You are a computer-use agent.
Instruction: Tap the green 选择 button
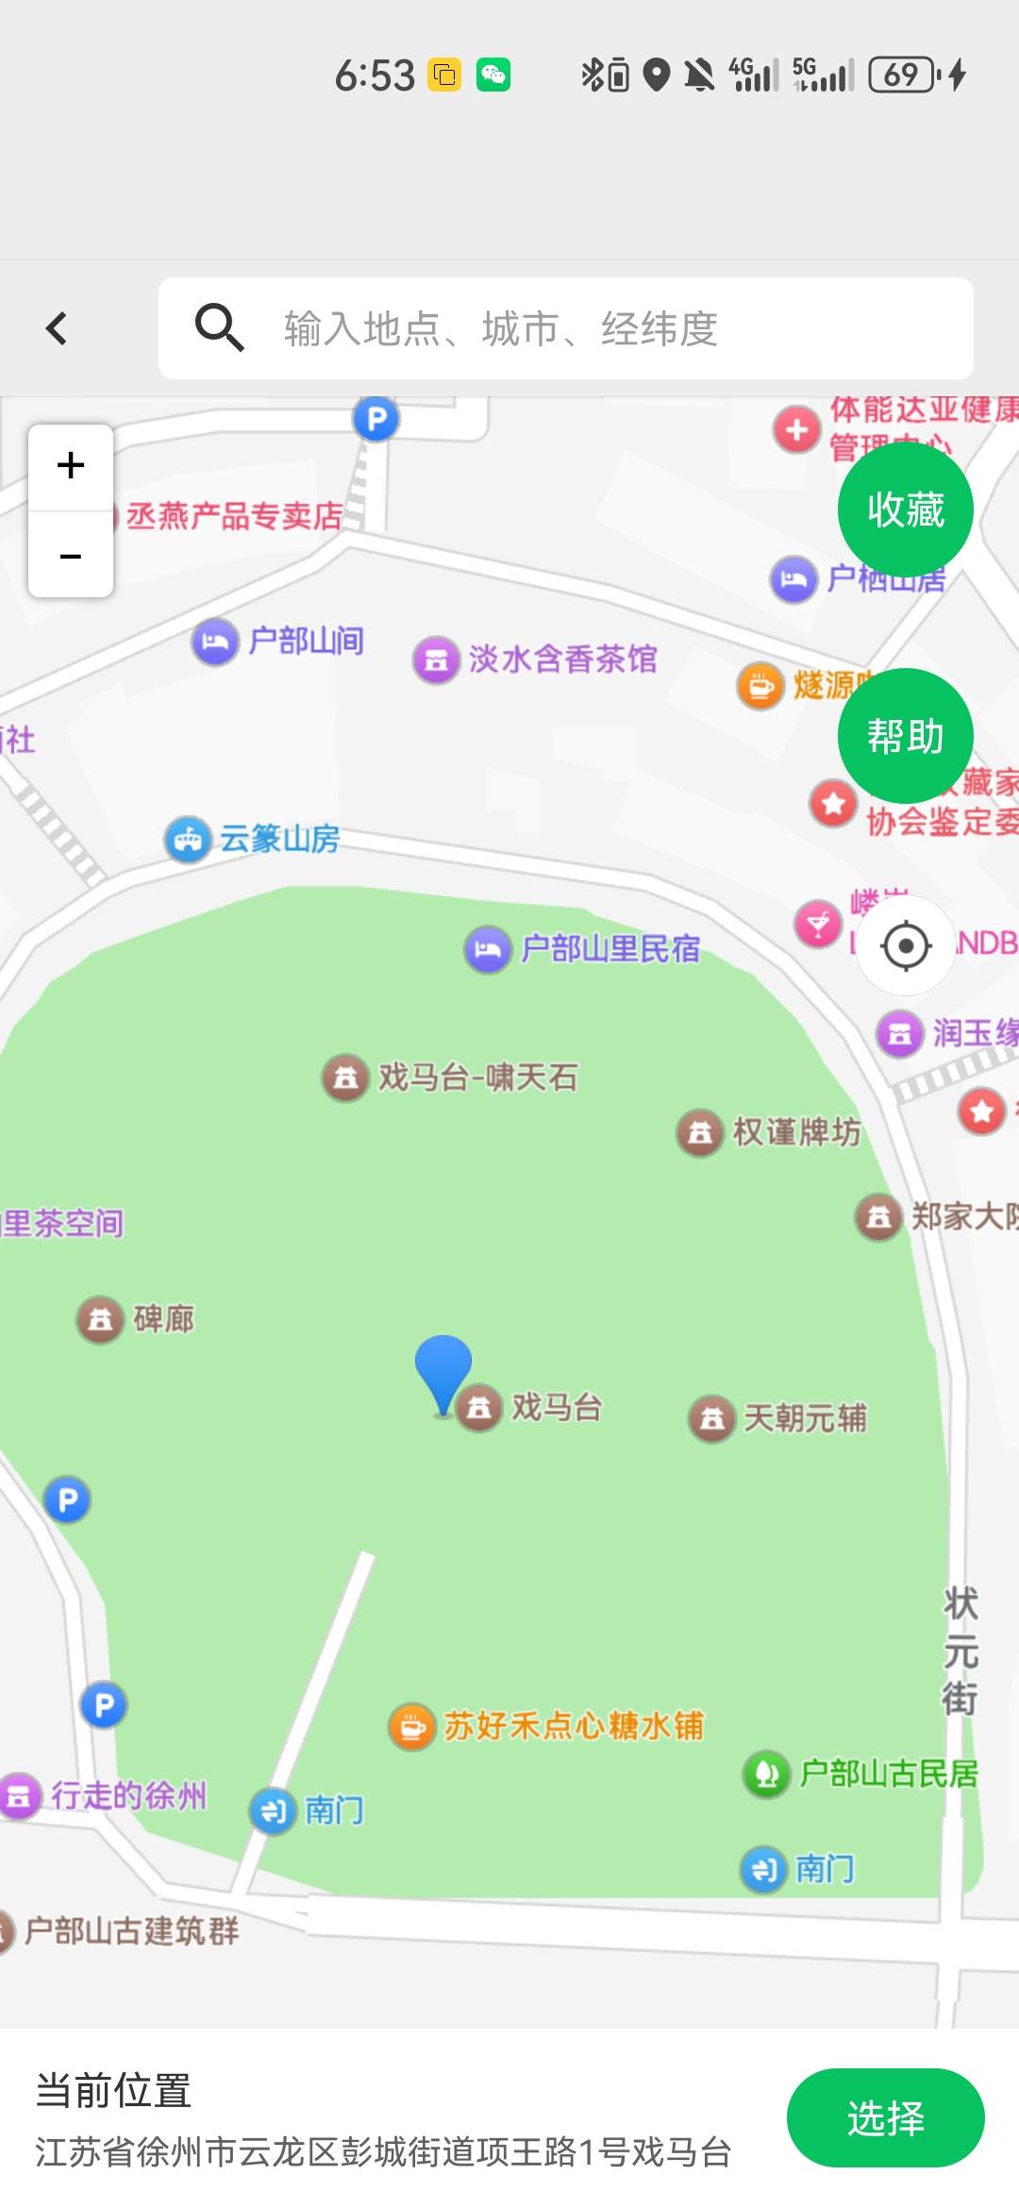click(885, 2117)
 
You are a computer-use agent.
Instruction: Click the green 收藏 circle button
click(905, 510)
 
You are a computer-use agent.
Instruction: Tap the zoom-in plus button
click(71, 466)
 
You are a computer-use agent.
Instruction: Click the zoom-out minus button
click(71, 556)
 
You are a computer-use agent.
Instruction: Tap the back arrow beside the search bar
click(57, 328)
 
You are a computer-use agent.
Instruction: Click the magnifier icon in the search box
click(219, 327)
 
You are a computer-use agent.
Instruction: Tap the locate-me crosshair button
click(906, 945)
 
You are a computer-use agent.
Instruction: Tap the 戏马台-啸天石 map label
click(477, 1077)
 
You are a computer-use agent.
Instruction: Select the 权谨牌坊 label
click(796, 1131)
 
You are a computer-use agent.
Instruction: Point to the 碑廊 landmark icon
click(100, 1318)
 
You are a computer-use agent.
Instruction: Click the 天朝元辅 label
click(805, 1417)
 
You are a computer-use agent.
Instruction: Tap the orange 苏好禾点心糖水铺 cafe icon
click(411, 1726)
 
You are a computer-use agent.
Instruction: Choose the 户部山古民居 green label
click(888, 1774)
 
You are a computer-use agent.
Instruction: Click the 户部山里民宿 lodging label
click(610, 948)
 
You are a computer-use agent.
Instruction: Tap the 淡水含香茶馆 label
click(562, 659)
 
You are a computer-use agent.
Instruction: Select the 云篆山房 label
click(279, 838)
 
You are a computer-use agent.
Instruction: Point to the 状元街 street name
click(961, 1650)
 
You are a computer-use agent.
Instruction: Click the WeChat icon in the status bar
click(493, 75)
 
